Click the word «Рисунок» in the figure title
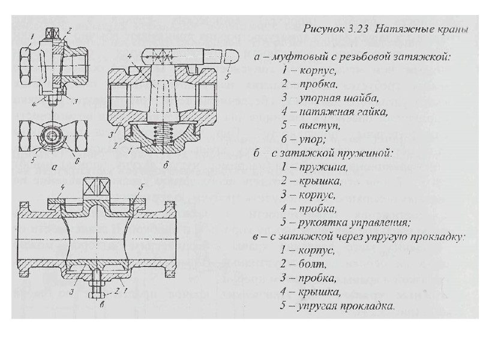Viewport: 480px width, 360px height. click(x=324, y=28)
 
